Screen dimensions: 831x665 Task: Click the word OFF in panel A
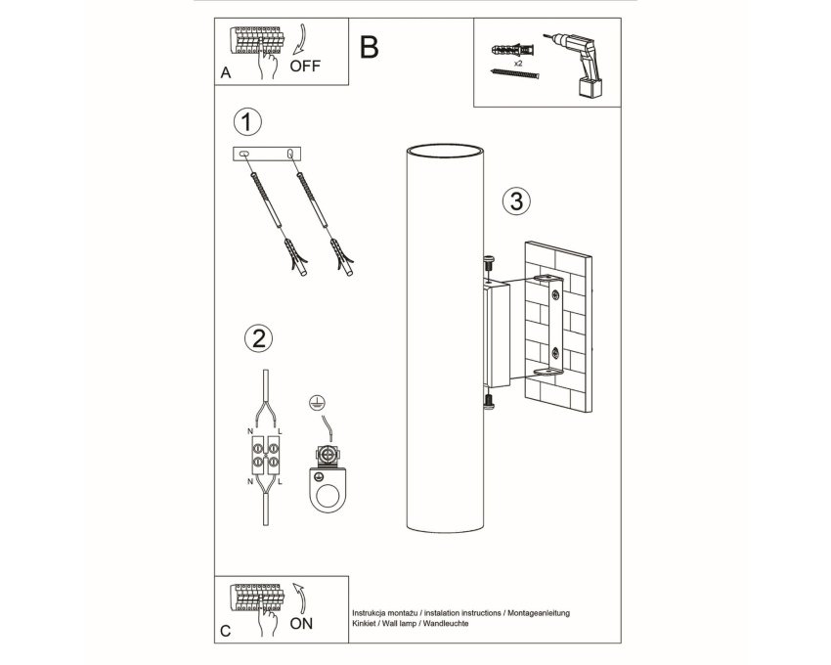coord(305,66)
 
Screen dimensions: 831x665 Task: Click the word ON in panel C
coord(301,623)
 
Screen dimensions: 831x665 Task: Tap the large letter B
coord(369,47)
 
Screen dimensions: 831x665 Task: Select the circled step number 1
coord(247,121)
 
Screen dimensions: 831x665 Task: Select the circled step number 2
coord(259,337)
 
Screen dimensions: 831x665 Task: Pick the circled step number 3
coord(516,201)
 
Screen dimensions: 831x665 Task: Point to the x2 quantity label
coord(517,63)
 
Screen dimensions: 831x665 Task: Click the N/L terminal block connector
coord(266,455)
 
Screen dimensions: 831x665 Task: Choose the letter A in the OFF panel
coord(226,72)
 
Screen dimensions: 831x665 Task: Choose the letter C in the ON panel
coord(226,631)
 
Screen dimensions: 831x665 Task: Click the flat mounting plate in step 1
coord(267,154)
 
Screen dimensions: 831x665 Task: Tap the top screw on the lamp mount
coord(488,264)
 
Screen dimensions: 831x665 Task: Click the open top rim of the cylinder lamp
coord(445,144)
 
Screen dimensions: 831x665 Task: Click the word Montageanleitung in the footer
coord(539,613)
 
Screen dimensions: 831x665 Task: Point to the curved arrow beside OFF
coord(301,39)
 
